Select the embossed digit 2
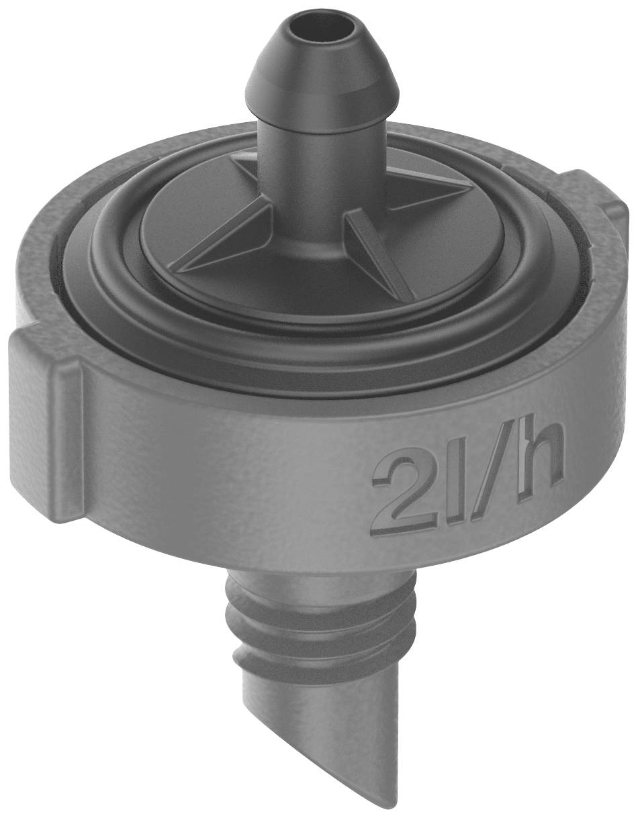tap(396, 493)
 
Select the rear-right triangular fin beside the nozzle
tap(430, 185)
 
